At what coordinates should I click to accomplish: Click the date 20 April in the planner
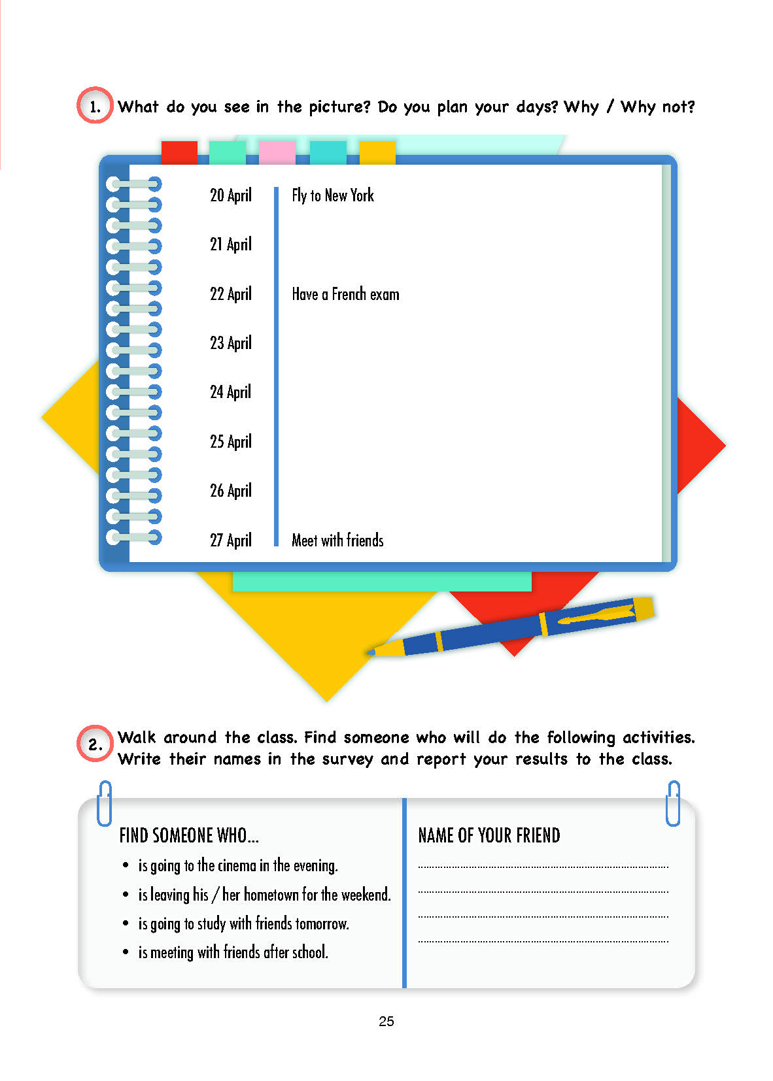pos(230,195)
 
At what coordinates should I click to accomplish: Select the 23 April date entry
pos(230,343)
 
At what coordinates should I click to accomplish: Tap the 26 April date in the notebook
pos(230,491)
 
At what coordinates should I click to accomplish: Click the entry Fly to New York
pos(333,195)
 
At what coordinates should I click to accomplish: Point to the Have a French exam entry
pos(345,294)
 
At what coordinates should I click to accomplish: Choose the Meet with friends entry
pos(337,540)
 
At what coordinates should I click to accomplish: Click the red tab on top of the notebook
pos(179,152)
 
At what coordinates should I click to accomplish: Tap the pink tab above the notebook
pos(277,152)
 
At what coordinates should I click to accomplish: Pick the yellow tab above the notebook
pos(377,152)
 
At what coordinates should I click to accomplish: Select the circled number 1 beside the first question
pos(95,106)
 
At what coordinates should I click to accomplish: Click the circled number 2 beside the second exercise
pos(95,744)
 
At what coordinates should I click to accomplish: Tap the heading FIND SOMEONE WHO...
pos(189,835)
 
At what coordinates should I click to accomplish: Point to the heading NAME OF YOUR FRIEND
pos(489,835)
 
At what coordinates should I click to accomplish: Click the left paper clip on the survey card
pos(105,803)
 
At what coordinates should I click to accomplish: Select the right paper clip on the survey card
pos(673,803)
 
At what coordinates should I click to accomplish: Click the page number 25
pos(386,1022)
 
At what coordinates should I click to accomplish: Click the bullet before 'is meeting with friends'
pos(126,952)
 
